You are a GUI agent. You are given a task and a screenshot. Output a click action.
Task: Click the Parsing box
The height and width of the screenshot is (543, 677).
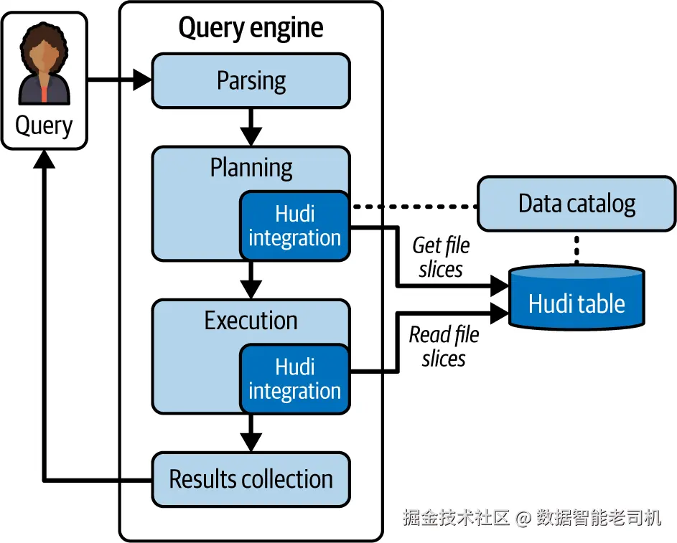point(251,80)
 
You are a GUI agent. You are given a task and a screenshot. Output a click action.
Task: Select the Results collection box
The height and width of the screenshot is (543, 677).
point(251,478)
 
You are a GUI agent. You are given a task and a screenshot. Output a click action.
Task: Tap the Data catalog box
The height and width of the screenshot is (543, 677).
point(576,204)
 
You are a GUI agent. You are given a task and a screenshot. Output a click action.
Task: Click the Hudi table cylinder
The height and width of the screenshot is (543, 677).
point(576,300)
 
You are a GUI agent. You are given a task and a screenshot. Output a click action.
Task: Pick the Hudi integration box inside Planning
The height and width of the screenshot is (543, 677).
point(294,225)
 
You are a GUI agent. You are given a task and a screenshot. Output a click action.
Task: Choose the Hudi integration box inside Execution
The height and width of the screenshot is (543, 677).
point(294,379)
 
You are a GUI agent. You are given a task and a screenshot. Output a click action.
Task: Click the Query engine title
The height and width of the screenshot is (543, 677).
point(251,28)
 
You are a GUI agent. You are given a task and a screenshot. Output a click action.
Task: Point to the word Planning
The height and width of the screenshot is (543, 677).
point(251,168)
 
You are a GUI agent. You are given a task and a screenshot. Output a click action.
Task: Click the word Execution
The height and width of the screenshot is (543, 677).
point(251,321)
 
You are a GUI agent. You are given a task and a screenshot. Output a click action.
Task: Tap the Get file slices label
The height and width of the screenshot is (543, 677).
point(440,257)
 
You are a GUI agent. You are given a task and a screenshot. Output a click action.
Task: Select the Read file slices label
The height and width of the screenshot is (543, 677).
point(444,346)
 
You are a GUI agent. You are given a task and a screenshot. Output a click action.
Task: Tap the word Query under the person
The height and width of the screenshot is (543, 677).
point(44,126)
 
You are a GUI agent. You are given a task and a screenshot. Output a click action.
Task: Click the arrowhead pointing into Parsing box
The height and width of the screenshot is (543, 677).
point(143,80)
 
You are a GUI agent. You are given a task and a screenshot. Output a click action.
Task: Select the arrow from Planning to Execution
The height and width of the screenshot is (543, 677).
point(251,280)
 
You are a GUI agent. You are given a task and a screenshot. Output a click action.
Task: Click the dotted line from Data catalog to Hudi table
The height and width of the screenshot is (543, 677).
point(576,248)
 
